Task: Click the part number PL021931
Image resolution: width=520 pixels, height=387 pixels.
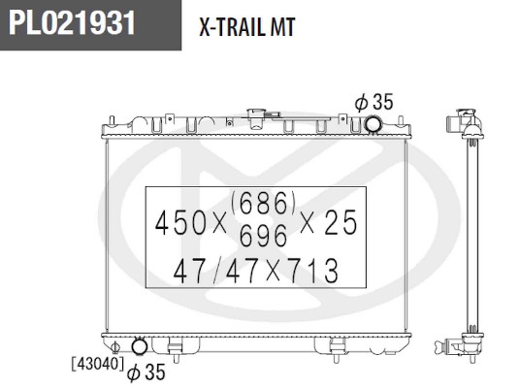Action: pyautogui.click(x=72, y=22)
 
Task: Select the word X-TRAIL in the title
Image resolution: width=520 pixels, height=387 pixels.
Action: pyautogui.click(x=231, y=27)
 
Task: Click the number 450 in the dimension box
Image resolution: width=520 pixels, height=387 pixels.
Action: pyautogui.click(x=181, y=223)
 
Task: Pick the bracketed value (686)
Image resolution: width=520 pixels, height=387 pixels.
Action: pyautogui.click(x=263, y=203)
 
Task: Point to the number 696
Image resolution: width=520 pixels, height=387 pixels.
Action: pyautogui.click(x=263, y=235)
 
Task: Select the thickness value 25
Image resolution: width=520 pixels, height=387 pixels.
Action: pyautogui.click(x=341, y=222)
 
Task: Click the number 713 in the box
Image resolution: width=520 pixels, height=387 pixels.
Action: pyautogui.click(x=314, y=271)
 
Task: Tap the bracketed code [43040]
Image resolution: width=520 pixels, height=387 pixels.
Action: pyautogui.click(x=98, y=364)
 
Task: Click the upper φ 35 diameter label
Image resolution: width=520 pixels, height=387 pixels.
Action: pyautogui.click(x=374, y=102)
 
